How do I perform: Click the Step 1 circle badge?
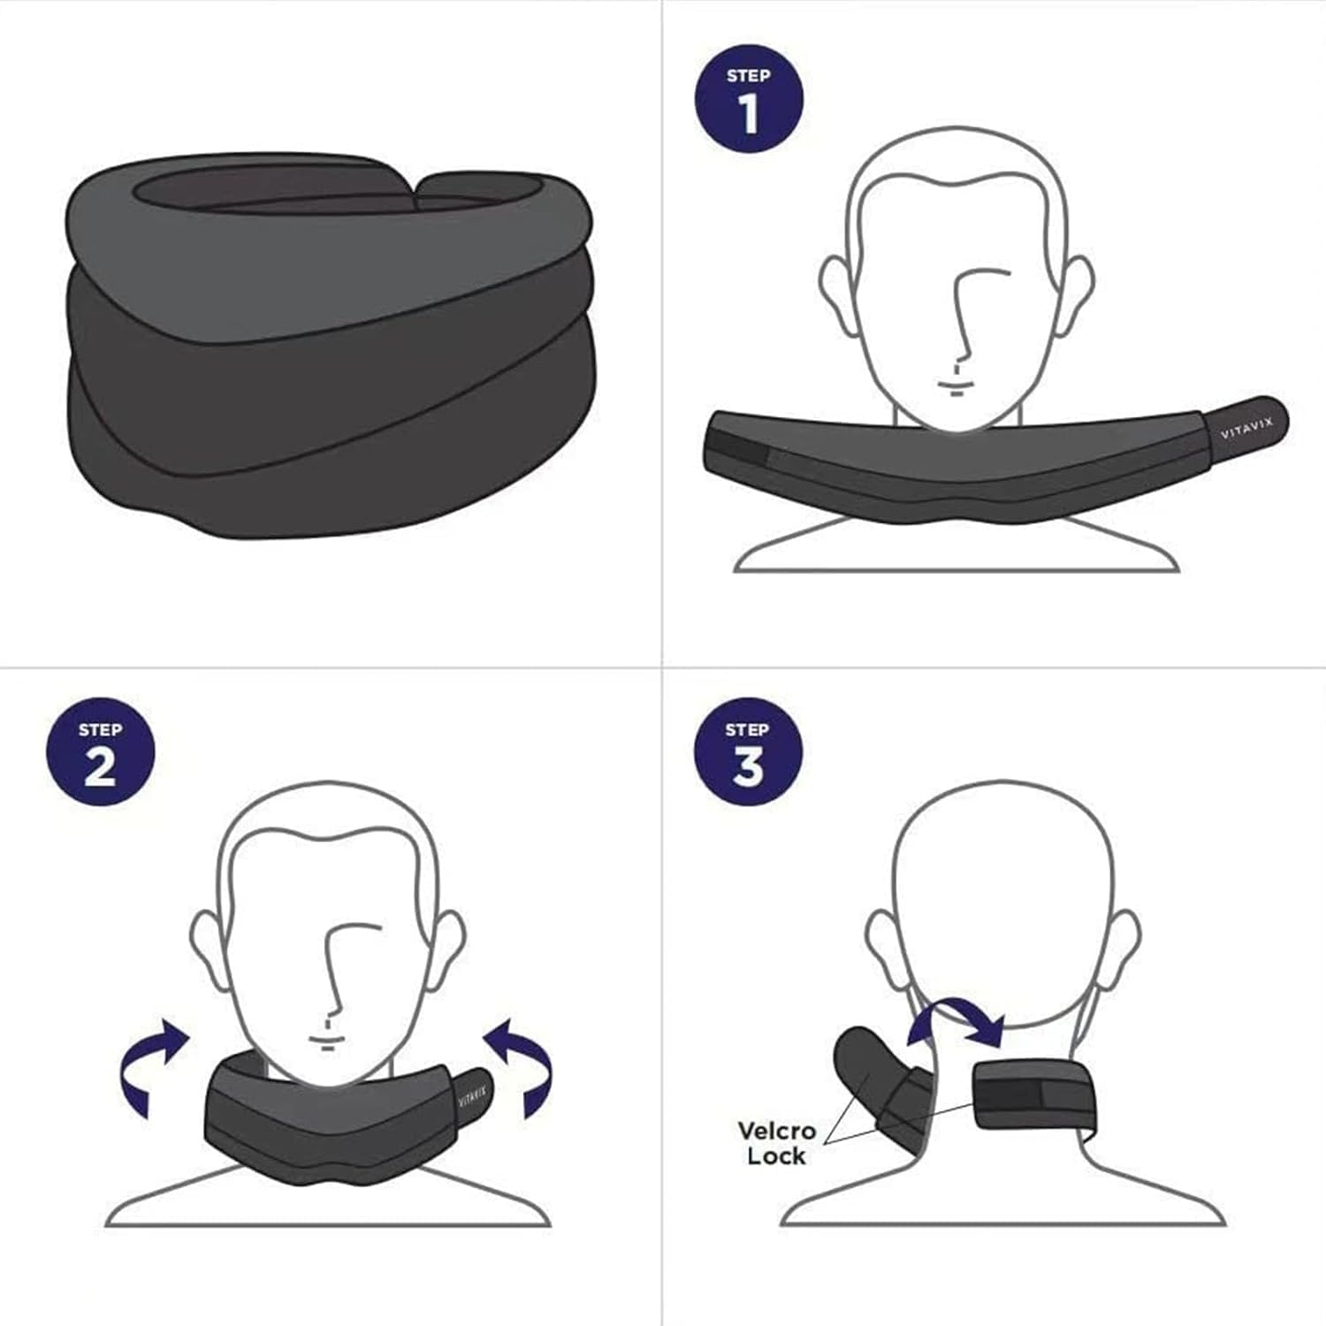tap(749, 99)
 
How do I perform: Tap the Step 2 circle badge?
tap(100, 753)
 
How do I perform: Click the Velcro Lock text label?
tap(776, 1143)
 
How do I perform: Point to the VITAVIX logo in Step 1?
tap(1246, 429)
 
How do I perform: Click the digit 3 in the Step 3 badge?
tap(748, 766)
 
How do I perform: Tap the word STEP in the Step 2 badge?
tap(100, 729)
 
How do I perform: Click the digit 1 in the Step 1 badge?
tap(749, 113)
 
